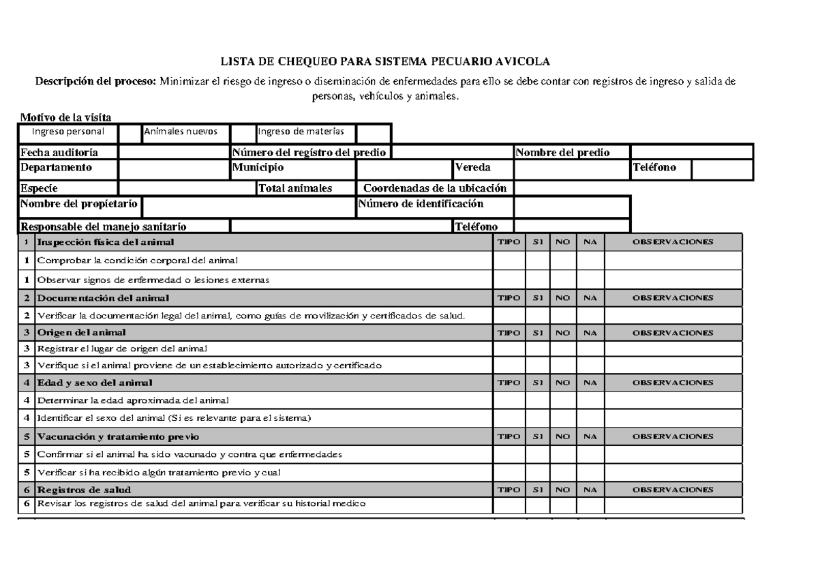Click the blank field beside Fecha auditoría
click(175, 152)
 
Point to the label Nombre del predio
click(562, 152)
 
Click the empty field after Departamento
click(175, 168)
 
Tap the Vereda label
click(472, 168)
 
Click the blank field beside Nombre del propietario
click(248, 205)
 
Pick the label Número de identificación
click(421, 204)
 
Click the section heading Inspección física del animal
click(106, 242)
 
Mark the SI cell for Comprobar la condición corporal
click(537, 261)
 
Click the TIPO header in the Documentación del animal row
click(509, 298)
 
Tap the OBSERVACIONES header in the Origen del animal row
click(673, 333)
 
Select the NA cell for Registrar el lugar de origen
click(590, 348)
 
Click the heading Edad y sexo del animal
click(95, 383)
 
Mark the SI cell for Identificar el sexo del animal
click(537, 417)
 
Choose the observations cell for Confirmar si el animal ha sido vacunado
click(673, 454)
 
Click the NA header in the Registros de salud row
click(590, 490)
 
